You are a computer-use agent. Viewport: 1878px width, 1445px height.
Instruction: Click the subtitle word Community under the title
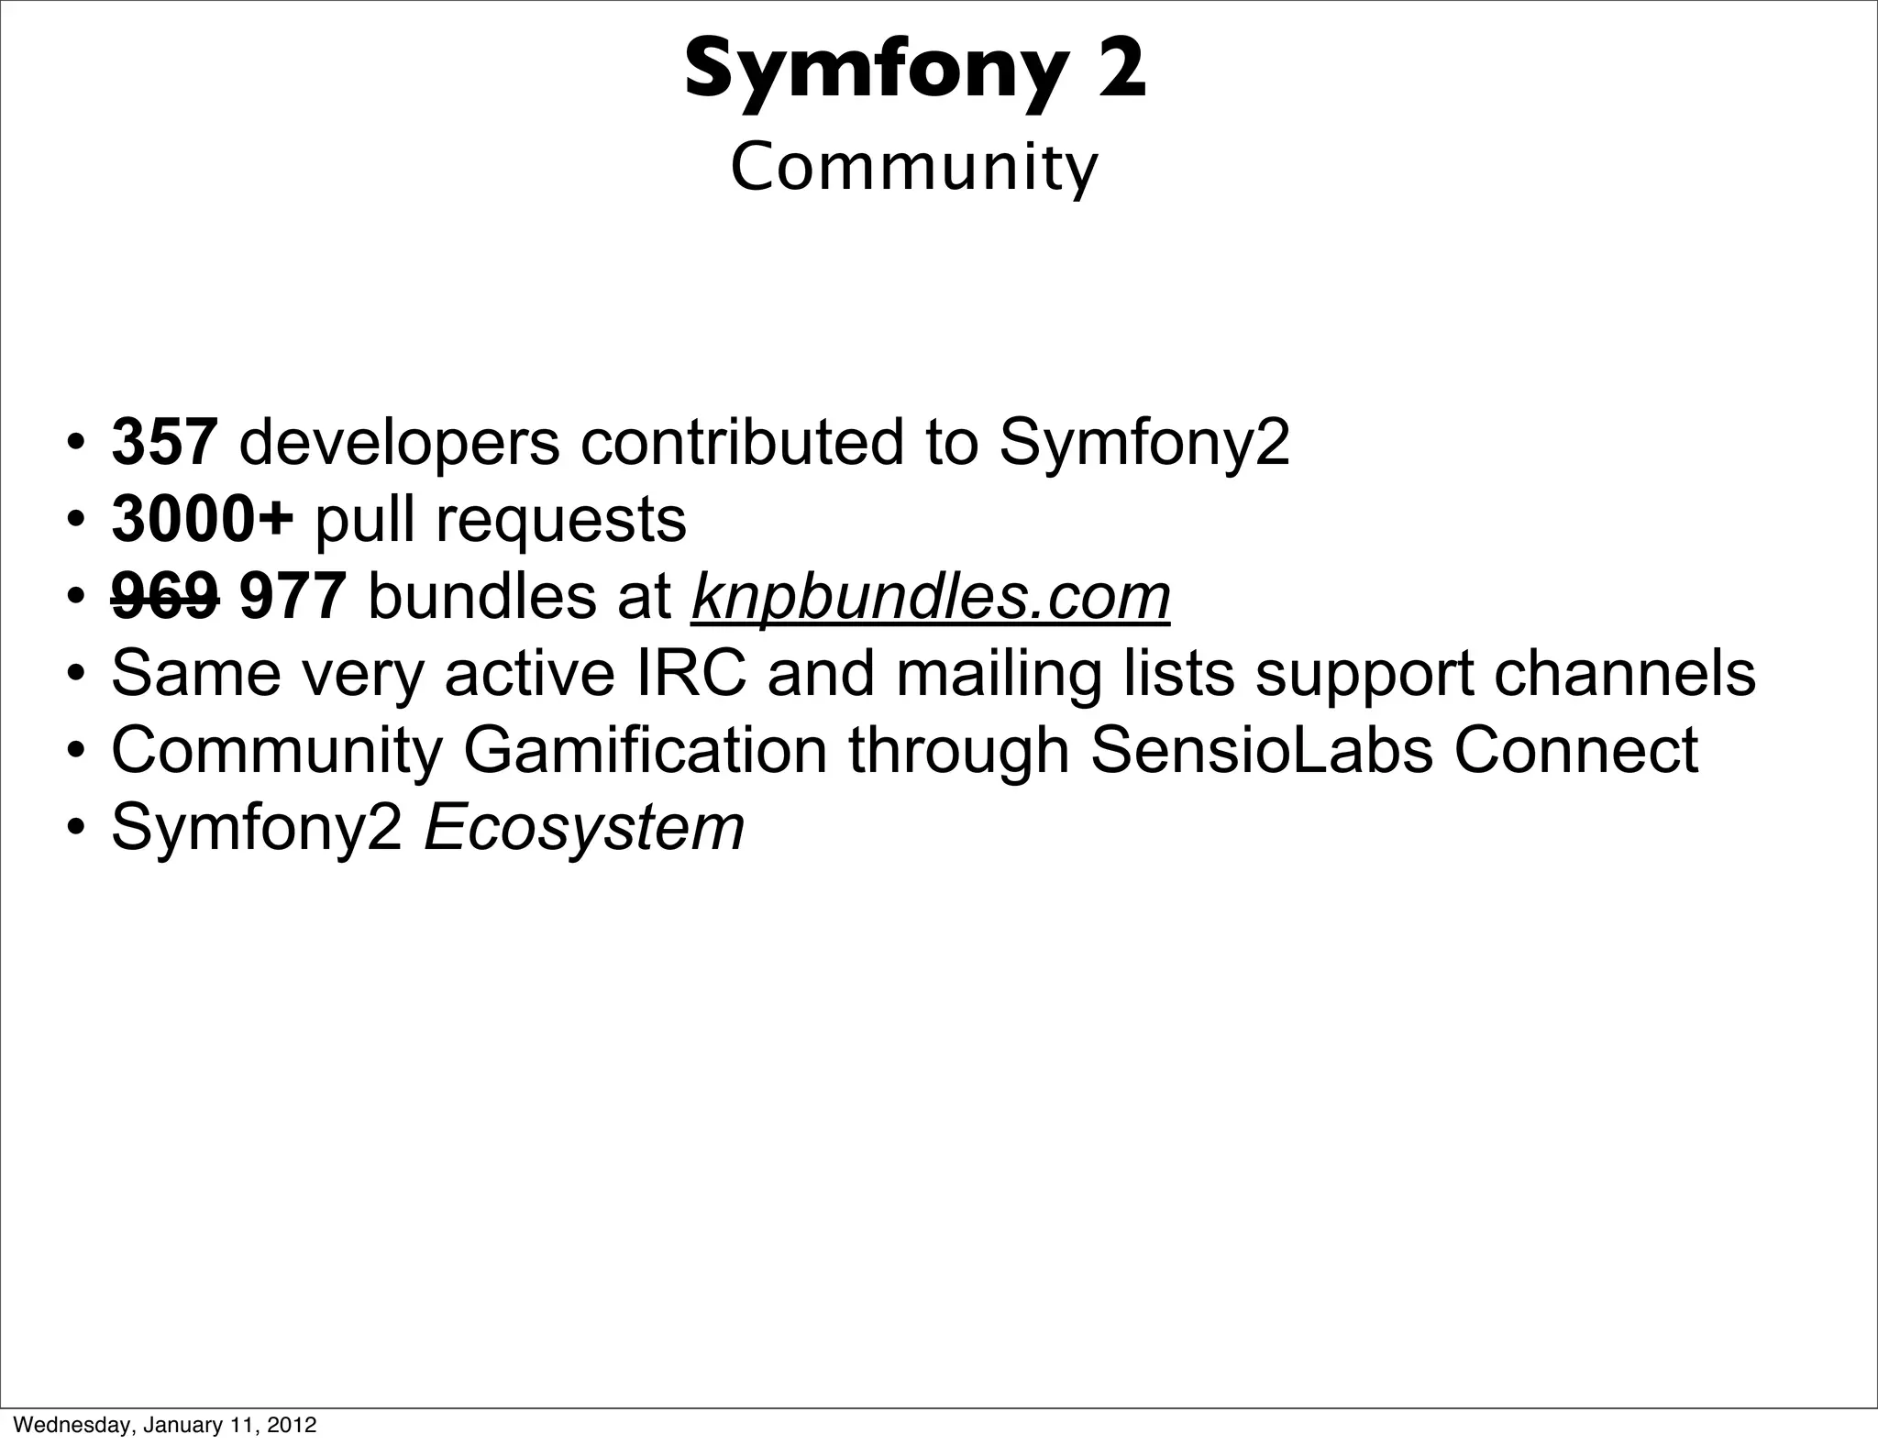pos(913,169)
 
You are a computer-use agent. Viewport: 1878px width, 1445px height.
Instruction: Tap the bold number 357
pos(164,442)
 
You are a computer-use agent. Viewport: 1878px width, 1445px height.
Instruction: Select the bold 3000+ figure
pos(202,519)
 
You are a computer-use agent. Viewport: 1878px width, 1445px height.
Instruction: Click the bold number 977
pos(293,597)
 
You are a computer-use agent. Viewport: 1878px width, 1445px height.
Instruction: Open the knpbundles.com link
pos(931,597)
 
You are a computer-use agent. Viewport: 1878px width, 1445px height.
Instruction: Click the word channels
pos(1625,674)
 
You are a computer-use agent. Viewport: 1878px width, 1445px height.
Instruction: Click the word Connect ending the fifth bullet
pos(1576,751)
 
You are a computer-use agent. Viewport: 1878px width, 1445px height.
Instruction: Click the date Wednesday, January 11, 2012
pos(160,1425)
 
